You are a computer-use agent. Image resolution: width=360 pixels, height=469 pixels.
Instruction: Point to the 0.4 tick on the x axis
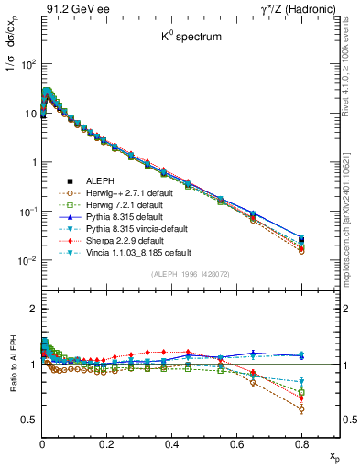pos(171,442)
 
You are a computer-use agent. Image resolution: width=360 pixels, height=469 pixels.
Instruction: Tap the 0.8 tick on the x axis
pos(301,442)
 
